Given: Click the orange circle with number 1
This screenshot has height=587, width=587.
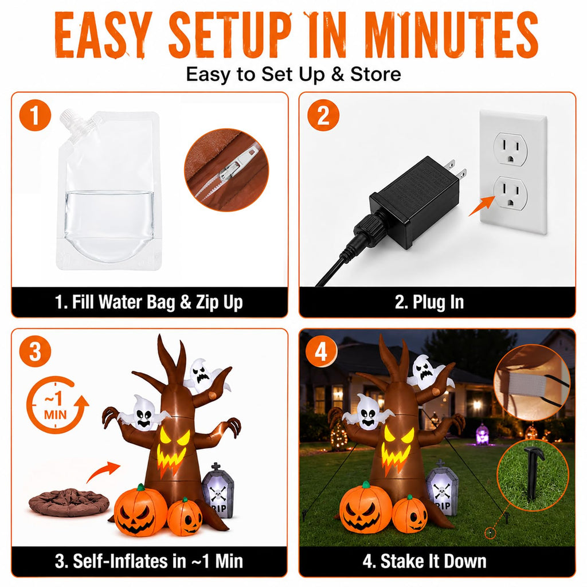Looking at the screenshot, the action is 35,115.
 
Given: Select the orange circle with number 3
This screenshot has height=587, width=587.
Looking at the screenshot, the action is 35,351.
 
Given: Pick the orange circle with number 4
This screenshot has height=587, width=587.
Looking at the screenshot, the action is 321,352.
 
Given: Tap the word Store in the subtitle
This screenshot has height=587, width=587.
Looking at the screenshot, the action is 375,74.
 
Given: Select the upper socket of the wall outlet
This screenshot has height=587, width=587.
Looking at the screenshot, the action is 510,149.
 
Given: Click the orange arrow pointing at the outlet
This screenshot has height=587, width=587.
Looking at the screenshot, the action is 482,205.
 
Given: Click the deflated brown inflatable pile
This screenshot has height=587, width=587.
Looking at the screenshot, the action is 69,502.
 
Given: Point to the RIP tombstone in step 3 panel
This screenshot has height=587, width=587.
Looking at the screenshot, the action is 218,490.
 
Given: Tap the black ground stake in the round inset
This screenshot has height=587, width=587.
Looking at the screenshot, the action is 533,472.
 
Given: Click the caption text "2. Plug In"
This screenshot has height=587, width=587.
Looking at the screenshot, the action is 429,302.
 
